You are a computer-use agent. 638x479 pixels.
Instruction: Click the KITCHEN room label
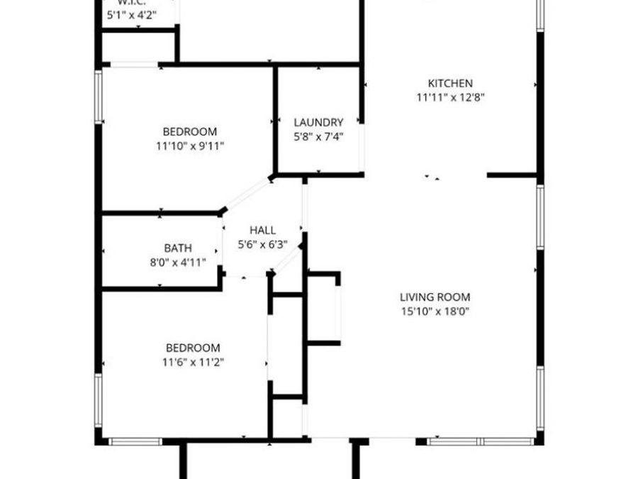(x=450, y=83)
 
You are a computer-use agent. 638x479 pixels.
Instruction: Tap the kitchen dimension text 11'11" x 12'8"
(x=450, y=98)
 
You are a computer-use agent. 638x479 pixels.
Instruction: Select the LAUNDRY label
(x=318, y=122)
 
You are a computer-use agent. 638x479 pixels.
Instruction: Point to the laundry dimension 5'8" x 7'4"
(x=318, y=137)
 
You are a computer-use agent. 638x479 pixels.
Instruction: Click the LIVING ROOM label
(x=435, y=297)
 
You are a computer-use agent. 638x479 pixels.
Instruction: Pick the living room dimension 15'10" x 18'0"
(x=435, y=311)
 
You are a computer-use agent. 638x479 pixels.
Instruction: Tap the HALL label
(x=262, y=230)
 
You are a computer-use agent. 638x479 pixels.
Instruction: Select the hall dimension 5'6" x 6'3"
(x=262, y=245)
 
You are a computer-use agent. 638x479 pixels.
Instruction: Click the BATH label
(x=178, y=248)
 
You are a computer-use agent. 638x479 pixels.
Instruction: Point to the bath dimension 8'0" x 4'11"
(x=178, y=263)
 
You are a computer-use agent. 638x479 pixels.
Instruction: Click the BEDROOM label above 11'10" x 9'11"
(x=189, y=131)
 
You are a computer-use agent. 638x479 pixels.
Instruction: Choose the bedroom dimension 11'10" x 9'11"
(x=189, y=146)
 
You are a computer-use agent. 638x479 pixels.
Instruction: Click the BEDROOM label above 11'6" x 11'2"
(x=193, y=348)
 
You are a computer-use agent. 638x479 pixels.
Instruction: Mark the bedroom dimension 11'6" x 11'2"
(x=193, y=362)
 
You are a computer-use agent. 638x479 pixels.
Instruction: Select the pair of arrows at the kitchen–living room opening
(x=432, y=177)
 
